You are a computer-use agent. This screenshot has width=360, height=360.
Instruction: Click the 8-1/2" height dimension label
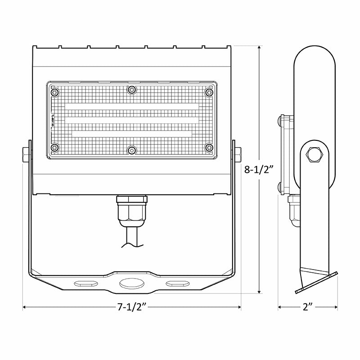tap(260, 170)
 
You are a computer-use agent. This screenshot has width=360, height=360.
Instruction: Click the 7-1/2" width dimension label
tap(132, 308)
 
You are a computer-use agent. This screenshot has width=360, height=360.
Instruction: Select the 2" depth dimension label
tap(308, 308)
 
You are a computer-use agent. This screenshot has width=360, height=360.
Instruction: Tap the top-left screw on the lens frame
tap(55, 92)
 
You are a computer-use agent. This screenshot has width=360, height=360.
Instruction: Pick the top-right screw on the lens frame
tap(208, 92)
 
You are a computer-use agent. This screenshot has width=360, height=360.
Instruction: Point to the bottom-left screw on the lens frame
tap(55, 148)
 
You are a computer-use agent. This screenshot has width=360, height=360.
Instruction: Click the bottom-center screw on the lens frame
tap(131, 149)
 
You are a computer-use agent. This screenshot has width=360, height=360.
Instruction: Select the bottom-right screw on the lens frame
tap(208, 148)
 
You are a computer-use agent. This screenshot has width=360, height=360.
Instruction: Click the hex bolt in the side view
tap(314, 155)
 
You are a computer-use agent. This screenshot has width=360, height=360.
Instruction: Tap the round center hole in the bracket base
tap(131, 283)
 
